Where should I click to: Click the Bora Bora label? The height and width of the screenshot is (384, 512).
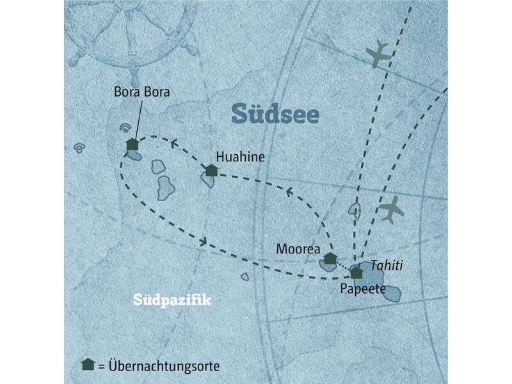click(141, 92)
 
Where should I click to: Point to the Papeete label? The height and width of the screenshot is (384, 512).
click(362, 289)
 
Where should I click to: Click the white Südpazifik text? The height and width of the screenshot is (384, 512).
click(172, 300)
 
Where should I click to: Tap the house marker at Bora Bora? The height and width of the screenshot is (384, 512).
click(132, 145)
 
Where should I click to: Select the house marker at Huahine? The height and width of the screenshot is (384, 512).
click(211, 170)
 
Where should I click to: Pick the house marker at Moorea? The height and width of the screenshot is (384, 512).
click(330, 258)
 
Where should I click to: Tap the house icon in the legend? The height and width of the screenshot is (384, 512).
click(88, 364)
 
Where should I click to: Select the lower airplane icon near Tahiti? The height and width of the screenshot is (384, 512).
click(392, 209)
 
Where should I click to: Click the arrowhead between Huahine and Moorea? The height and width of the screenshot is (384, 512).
click(289, 190)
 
